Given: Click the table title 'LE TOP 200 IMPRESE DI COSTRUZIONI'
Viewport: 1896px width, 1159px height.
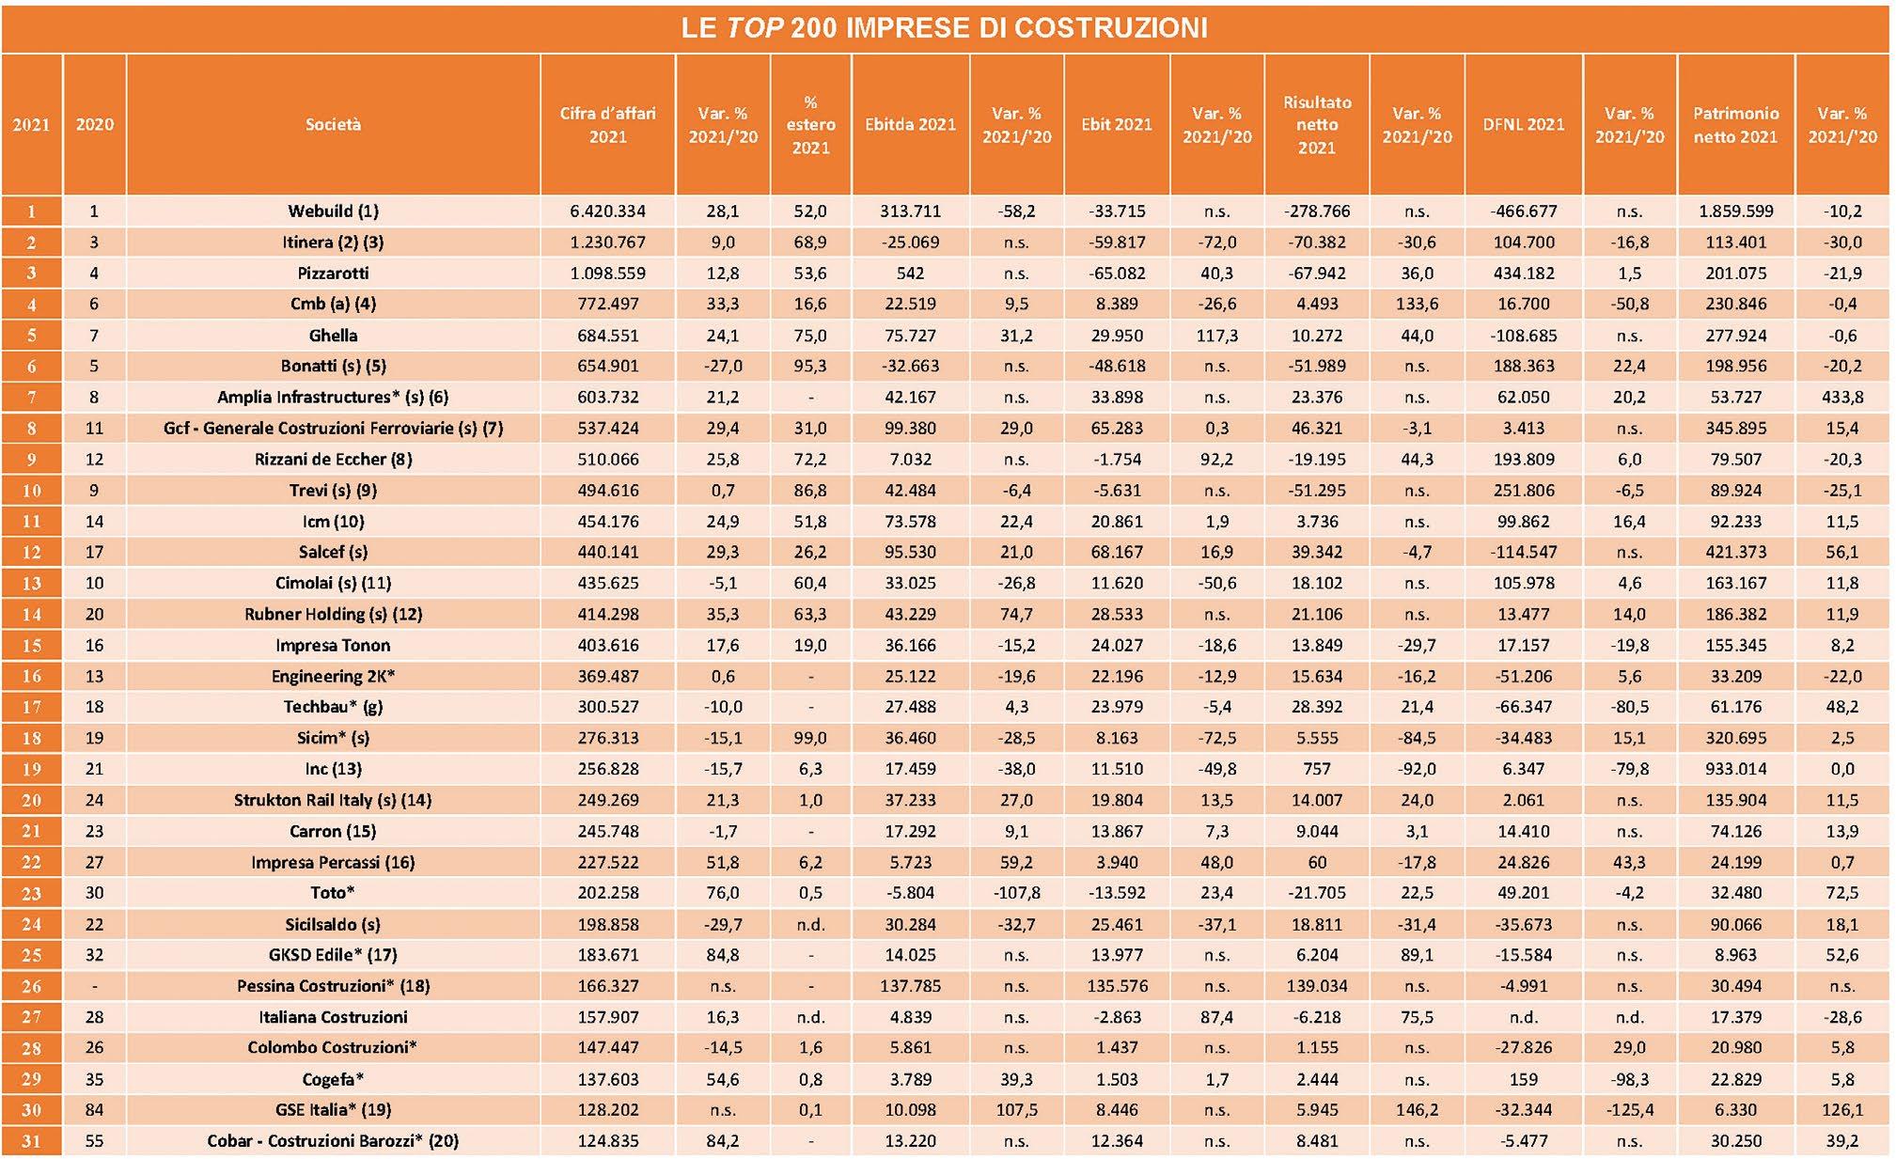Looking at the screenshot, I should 944,27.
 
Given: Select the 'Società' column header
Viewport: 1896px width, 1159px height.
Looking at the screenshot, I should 333,124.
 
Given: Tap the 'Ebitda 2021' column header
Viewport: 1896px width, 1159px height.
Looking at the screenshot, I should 910,124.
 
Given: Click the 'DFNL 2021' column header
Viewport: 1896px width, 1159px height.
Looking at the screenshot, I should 1523,124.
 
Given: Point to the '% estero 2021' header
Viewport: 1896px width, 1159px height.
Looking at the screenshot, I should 810,124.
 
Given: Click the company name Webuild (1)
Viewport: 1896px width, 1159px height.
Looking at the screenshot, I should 333,211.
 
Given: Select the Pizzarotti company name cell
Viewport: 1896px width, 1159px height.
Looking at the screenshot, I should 333,274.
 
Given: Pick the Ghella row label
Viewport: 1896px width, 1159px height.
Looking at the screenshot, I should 333,336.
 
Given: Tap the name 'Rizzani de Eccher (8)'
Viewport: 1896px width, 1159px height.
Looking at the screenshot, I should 333,460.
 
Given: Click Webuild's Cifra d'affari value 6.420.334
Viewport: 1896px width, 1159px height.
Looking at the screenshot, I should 607,211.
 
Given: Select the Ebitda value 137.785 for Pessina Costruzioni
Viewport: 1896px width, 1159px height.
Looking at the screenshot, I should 910,986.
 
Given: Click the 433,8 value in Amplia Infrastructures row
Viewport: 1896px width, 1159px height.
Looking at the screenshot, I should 1841,398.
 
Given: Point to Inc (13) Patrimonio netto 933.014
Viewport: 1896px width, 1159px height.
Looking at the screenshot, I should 1735,769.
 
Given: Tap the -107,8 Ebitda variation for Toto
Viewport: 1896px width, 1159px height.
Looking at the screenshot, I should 1016,893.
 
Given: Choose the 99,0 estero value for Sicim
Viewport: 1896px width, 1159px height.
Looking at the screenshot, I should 810,738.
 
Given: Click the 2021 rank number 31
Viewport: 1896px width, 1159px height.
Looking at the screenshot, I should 31,1141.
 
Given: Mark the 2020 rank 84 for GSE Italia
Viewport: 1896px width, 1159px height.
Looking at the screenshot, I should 94,1110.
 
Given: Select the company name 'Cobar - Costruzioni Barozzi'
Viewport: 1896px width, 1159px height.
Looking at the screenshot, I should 333,1141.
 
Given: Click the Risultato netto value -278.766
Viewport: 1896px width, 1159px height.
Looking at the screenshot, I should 1316,211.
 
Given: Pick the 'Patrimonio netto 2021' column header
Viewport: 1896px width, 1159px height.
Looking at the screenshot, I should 1735,124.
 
